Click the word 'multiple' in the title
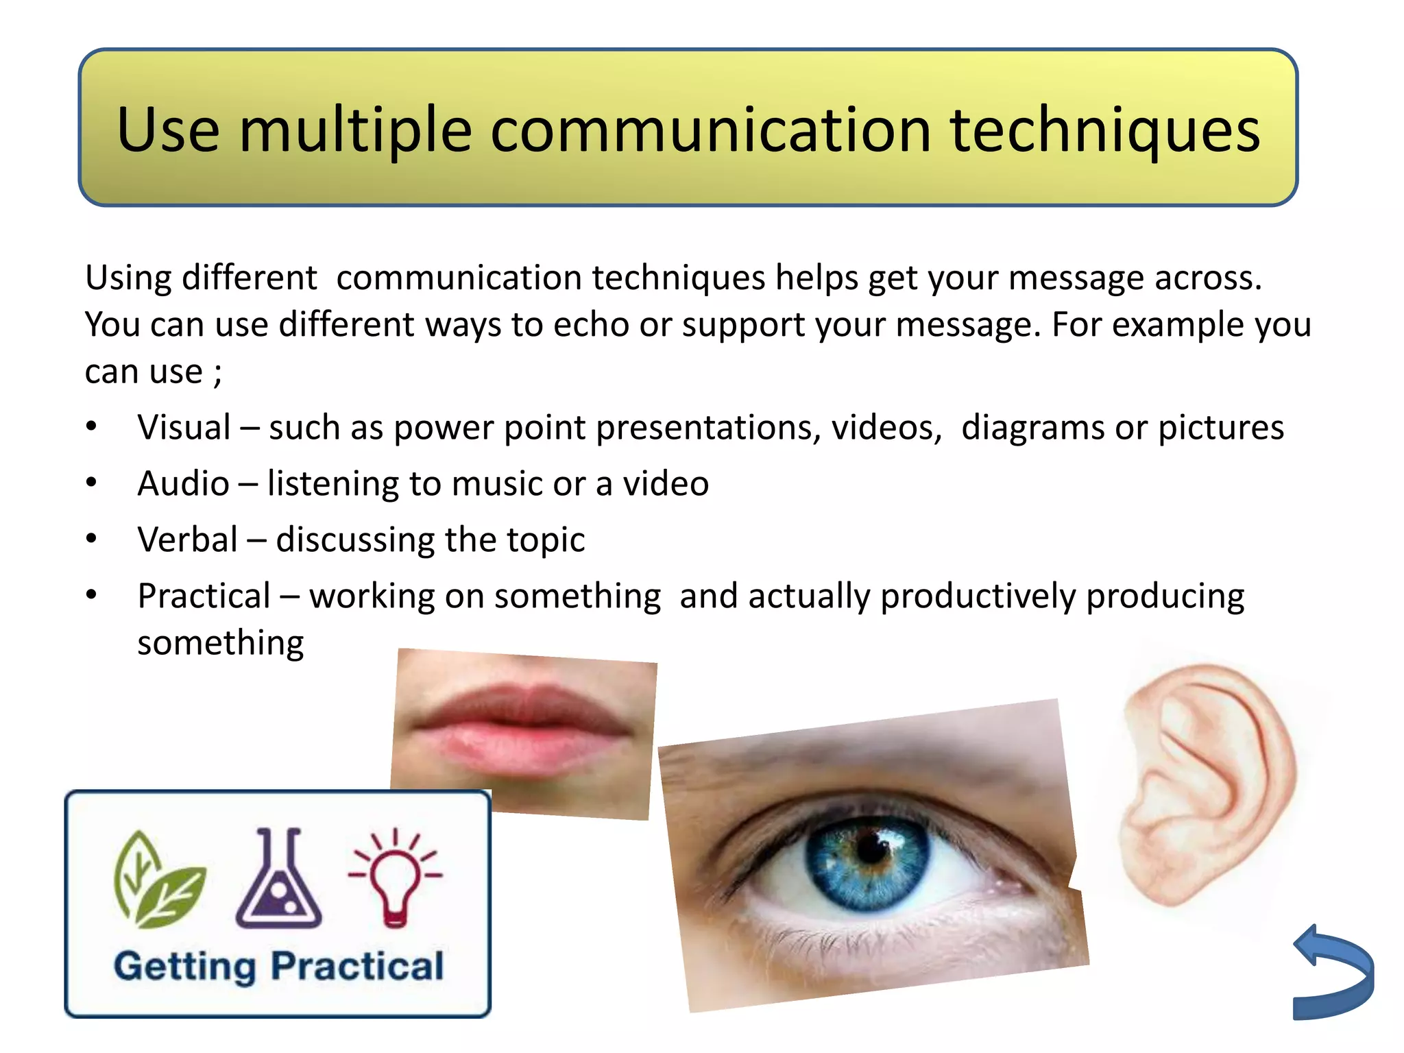pos(355,130)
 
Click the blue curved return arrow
pos(1333,973)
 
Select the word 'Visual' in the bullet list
pos(184,428)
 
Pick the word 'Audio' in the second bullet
pos(183,484)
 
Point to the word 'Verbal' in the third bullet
pos(187,540)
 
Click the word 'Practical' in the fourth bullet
pos(204,596)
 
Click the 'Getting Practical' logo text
pos(278,967)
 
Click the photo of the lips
pos(522,730)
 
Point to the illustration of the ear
pos(1207,782)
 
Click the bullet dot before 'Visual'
pos(92,427)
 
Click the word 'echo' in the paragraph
pos(591,324)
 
